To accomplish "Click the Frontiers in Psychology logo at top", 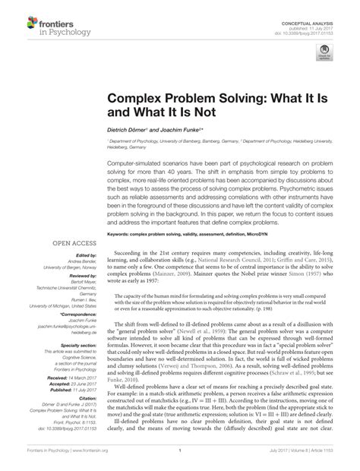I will pyautogui.click(x=47, y=27).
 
